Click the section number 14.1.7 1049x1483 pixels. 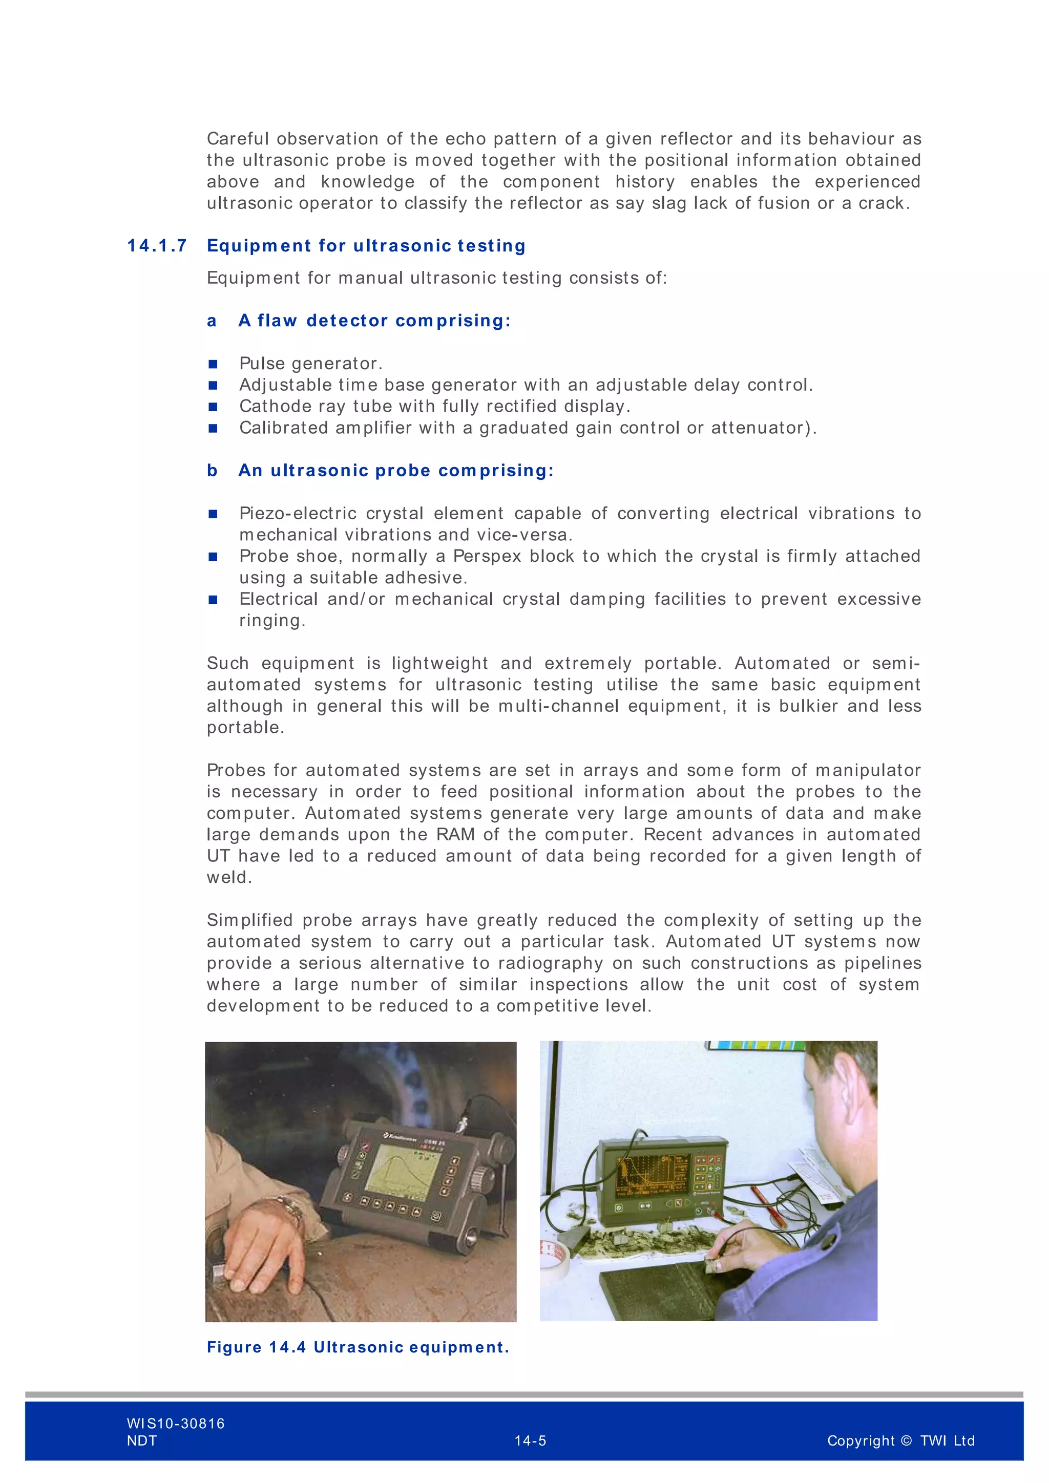tap(157, 246)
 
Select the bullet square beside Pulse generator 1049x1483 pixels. tap(213, 364)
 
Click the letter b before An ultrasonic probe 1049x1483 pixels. tap(212, 471)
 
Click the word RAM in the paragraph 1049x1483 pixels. tap(455, 835)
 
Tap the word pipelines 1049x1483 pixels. tap(883, 963)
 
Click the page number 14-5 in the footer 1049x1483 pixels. tap(530, 1440)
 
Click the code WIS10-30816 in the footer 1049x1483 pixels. tap(176, 1423)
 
